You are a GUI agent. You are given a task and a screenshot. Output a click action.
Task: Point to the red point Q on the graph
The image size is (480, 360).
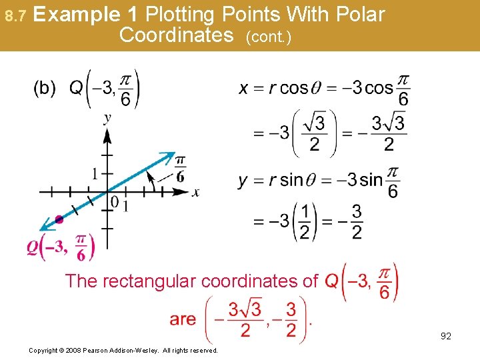click(x=59, y=219)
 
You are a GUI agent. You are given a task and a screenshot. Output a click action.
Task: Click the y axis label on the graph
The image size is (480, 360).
click(x=107, y=119)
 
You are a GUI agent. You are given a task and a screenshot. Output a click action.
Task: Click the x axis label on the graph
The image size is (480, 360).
click(x=195, y=193)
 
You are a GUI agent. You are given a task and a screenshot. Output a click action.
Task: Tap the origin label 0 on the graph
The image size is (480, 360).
click(x=115, y=202)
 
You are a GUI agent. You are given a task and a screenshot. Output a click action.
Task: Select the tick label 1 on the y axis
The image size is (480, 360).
click(x=95, y=174)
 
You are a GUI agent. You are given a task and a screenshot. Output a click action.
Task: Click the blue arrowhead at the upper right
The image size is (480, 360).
click(x=168, y=157)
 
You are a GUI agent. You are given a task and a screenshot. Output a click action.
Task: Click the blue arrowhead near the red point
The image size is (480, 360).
click(x=45, y=227)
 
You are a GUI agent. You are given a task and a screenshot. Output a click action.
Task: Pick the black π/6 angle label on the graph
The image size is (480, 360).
click(x=180, y=169)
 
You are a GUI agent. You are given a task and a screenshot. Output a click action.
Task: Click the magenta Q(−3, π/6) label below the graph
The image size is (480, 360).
click(x=60, y=247)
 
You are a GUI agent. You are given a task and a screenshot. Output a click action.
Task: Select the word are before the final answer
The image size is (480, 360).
click(x=183, y=319)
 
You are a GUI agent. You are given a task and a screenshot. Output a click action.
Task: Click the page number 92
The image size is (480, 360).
click(x=446, y=336)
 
